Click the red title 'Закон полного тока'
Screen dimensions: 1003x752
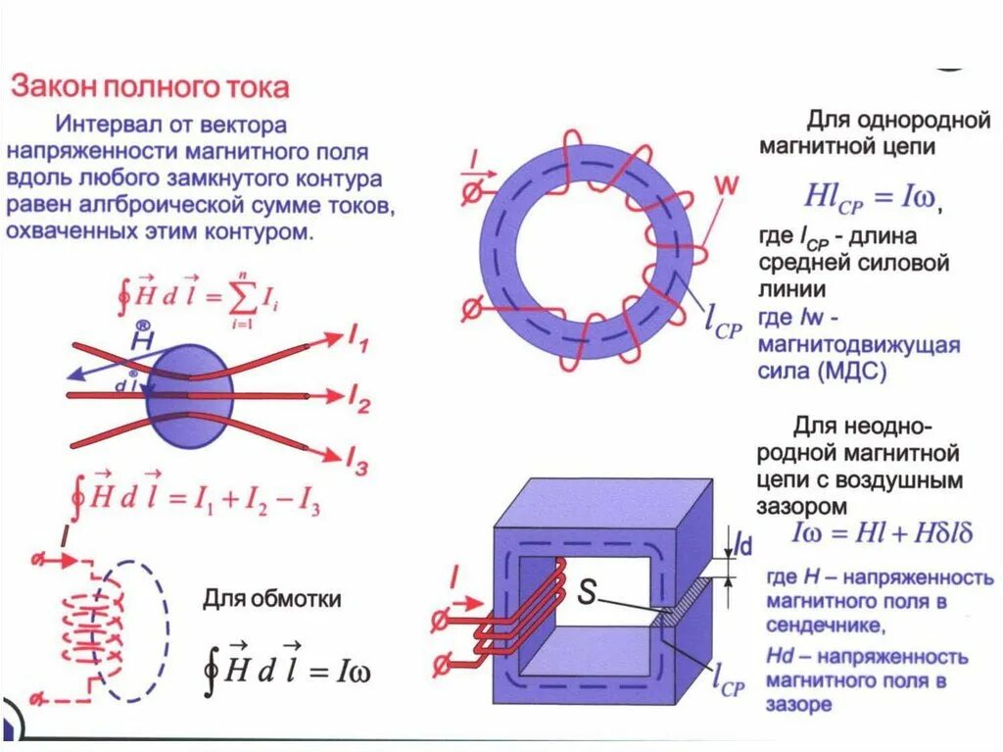150,87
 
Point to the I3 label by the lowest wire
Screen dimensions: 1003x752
357,461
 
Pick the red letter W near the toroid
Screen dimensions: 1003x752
726,182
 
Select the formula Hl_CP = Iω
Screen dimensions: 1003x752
871,196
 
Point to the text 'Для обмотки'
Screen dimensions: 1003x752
272,598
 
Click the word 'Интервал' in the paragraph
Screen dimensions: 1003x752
105,125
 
